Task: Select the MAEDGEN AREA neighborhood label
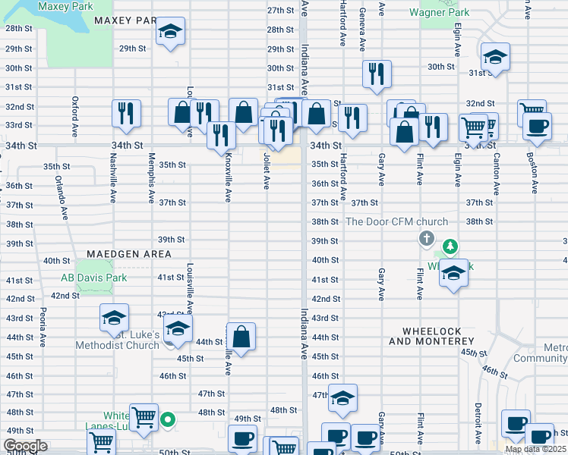[x=129, y=253]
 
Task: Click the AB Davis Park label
[x=95, y=278]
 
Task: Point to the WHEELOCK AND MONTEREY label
[x=442, y=336]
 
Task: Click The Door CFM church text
[x=396, y=221]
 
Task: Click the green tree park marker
[x=450, y=246]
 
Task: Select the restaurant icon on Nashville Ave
[x=126, y=113]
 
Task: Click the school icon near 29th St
[x=171, y=32]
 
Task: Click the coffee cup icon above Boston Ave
[x=537, y=126]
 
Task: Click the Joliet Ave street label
[x=266, y=171]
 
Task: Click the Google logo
[x=25, y=447]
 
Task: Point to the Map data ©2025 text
[x=535, y=449]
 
